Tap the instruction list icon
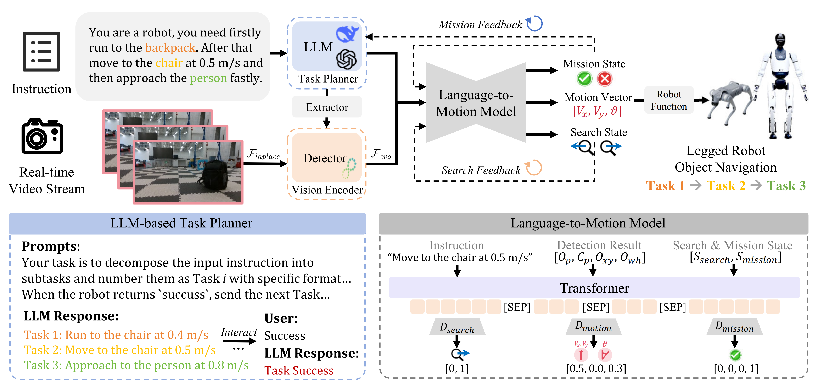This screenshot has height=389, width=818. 41,51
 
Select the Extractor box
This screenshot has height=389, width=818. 327,107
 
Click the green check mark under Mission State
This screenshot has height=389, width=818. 584,79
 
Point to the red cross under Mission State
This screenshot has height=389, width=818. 605,79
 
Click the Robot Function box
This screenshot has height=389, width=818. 669,100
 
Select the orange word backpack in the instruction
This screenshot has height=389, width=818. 170,48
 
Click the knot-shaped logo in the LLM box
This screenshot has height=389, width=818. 346,59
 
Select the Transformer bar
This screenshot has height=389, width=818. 594,288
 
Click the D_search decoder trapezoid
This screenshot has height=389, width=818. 457,327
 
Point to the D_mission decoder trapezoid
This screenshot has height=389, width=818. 734,327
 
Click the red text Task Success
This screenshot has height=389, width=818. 299,370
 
